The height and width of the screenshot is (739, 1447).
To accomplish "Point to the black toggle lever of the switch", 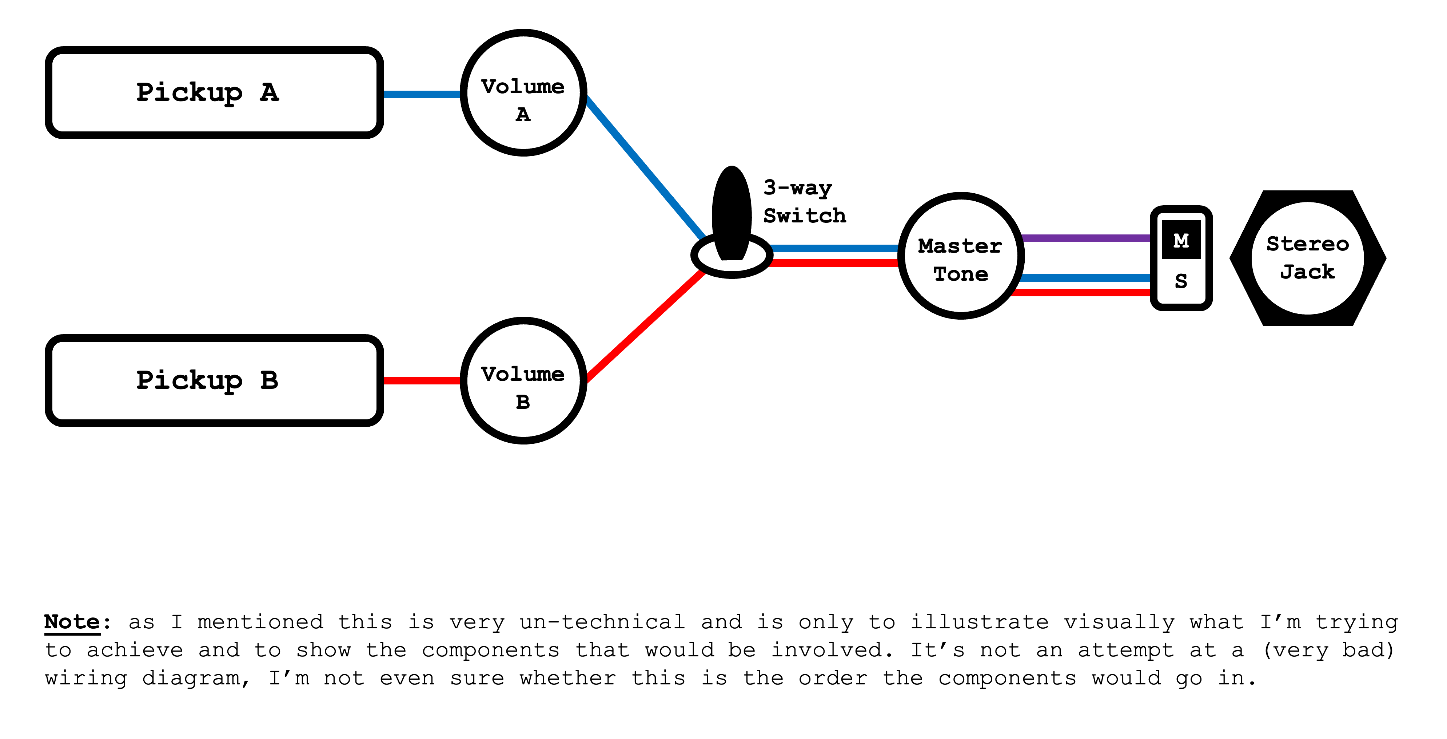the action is point(732,214).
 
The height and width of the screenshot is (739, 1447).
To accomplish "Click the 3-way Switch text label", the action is point(804,201).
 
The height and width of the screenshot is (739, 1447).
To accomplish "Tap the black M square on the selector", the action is point(1181,240).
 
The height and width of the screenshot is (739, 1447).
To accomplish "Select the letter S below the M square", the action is point(1181,281).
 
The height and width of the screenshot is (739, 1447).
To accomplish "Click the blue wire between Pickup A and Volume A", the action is point(422,94).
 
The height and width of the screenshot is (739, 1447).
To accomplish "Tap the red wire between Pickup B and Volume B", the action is point(422,380).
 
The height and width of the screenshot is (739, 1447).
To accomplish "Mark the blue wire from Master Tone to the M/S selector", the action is point(1085,278).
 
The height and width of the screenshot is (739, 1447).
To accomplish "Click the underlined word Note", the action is point(72,622).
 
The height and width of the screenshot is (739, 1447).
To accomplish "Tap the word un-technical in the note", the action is point(602,622).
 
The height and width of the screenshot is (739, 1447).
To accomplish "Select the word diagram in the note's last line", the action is point(191,678).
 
